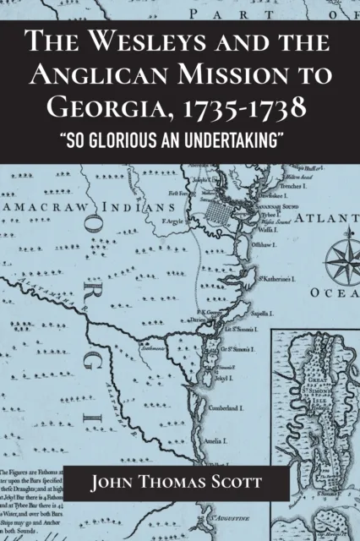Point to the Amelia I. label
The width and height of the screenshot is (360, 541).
[x=237, y=441]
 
